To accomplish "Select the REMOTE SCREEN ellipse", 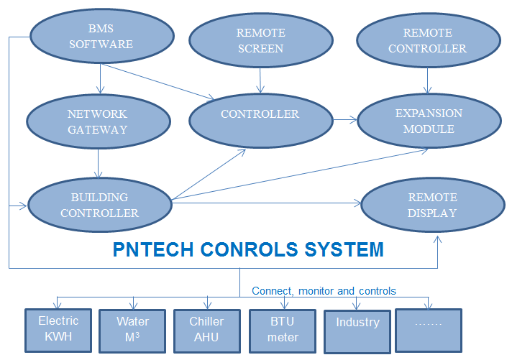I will click(x=260, y=41).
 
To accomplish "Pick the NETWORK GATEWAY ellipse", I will click(x=98, y=121).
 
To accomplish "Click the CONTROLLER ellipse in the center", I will click(x=260, y=114).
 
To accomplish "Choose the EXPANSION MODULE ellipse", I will click(x=429, y=121).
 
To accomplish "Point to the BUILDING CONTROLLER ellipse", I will click(x=99, y=205).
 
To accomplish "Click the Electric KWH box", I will click(x=58, y=330).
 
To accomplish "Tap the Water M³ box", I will click(x=132, y=330).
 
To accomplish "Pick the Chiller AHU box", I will click(x=207, y=330).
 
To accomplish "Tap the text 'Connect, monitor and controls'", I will click(x=324, y=291).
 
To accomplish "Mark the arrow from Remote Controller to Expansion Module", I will click(x=430, y=79).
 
